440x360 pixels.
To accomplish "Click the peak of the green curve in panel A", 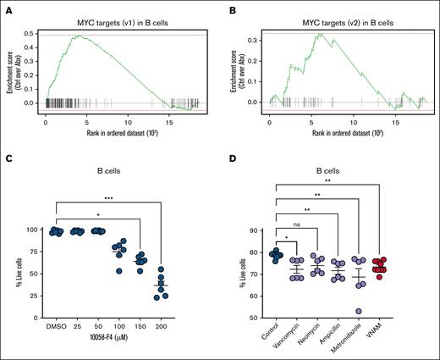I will [x=77, y=36].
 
